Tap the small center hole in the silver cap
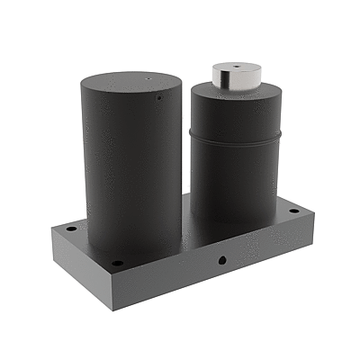click(x=235, y=68)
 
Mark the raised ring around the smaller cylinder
click(x=237, y=136)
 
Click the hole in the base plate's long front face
click(x=221, y=260)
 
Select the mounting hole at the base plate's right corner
click(x=293, y=211)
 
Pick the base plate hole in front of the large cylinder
click(x=117, y=263)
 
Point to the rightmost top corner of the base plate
click(x=315, y=213)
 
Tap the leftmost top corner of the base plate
click(x=52, y=227)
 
